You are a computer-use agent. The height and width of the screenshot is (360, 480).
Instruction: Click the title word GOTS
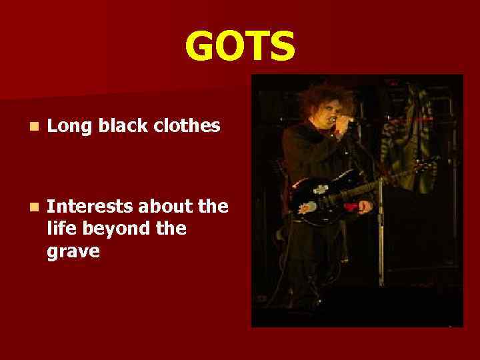[239, 46]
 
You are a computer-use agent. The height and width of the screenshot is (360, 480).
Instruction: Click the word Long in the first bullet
[69, 126]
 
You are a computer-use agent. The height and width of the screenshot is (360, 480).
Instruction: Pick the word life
[61, 229]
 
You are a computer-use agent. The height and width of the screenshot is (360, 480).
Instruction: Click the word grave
[74, 252]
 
